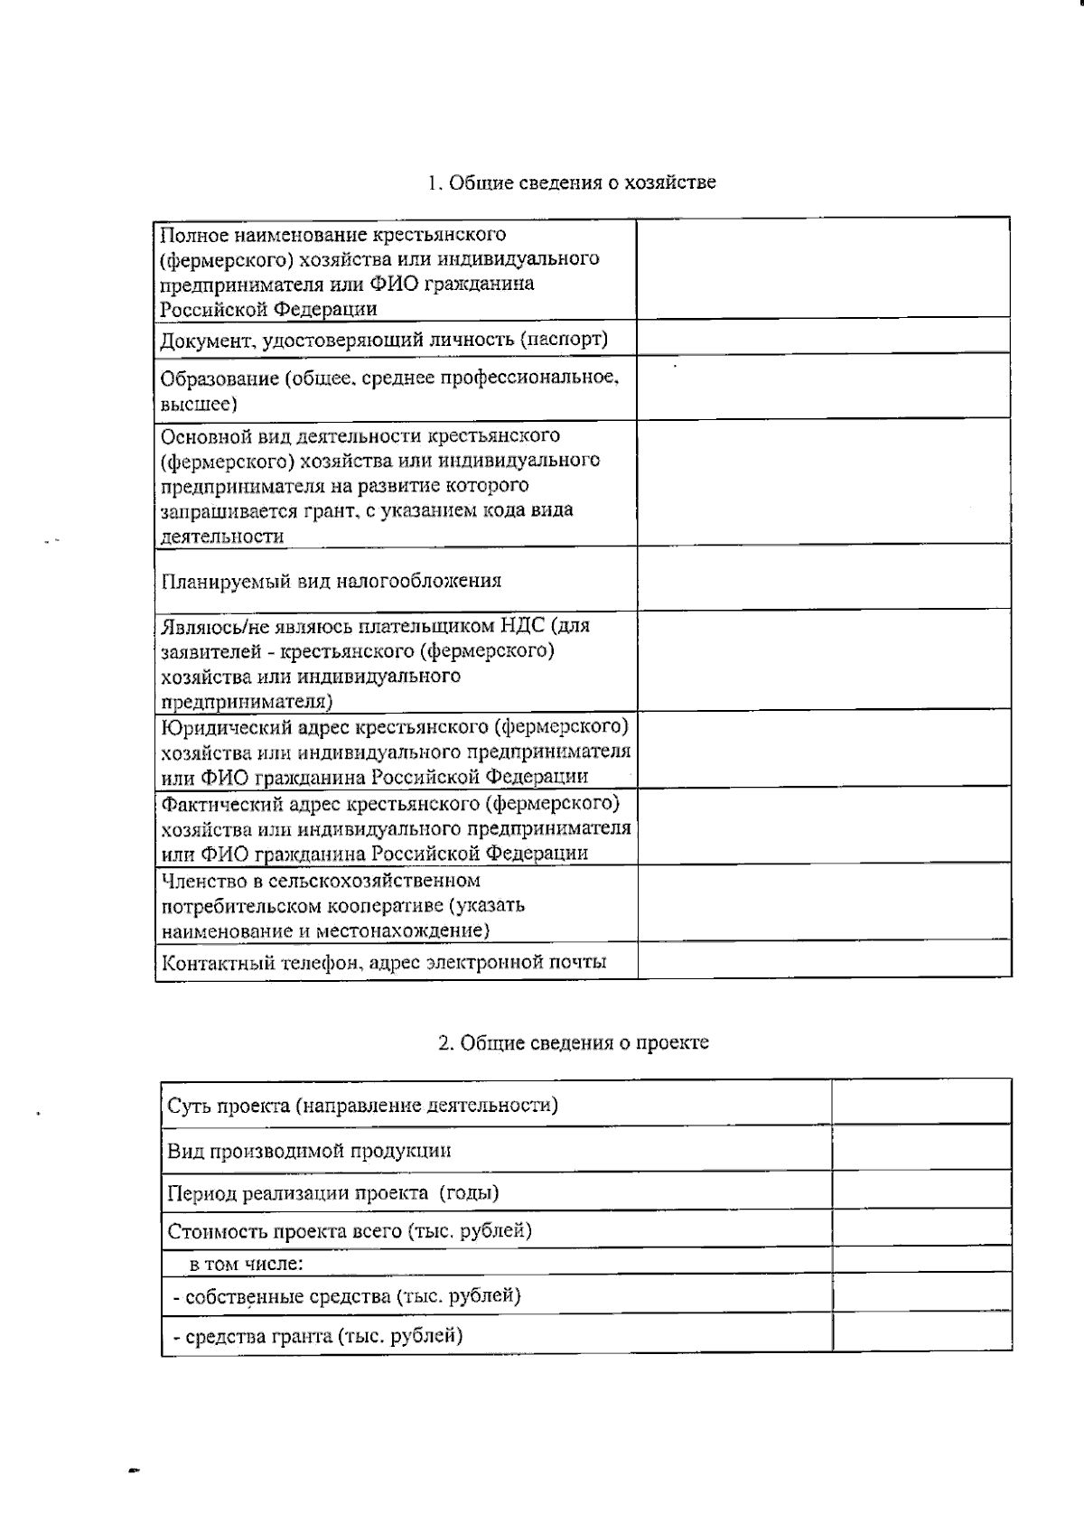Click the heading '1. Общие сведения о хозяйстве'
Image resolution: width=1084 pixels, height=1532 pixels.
tap(572, 182)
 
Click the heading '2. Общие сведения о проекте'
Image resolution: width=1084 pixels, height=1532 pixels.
tap(573, 1042)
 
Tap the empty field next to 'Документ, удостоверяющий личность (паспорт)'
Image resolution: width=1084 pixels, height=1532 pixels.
tap(823, 336)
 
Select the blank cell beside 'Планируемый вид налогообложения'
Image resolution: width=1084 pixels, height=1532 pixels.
tap(823, 578)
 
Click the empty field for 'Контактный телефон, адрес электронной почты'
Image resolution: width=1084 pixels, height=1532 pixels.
tap(823, 960)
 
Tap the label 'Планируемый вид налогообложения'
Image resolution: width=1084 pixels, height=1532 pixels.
tap(331, 581)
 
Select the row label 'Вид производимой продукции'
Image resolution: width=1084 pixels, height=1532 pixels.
tap(309, 1151)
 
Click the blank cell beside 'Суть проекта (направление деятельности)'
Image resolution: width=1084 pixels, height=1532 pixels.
tap(920, 1102)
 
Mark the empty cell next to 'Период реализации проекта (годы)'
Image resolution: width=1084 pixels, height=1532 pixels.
tap(920, 1191)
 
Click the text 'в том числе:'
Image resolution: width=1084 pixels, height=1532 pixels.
tap(246, 1264)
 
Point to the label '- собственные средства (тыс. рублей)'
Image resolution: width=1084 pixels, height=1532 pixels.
tap(347, 1296)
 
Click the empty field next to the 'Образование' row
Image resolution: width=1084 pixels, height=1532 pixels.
tap(823, 386)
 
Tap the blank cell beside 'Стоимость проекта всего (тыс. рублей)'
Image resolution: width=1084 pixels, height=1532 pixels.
tap(920, 1229)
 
